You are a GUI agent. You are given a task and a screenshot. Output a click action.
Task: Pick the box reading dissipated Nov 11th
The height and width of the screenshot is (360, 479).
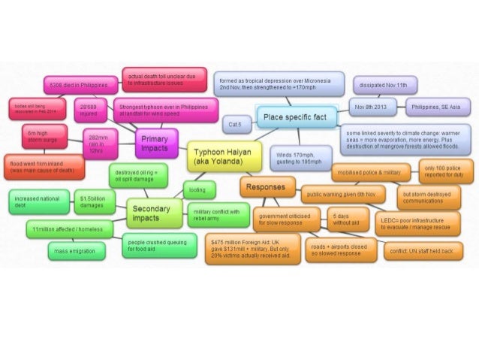pos(385,84)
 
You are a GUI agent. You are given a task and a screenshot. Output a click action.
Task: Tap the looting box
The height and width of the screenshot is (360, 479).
pos(198,189)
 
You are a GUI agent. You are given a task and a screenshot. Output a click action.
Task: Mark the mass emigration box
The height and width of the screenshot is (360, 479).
pos(79,251)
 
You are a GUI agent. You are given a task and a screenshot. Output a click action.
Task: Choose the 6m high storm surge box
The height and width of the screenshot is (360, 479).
pos(43,137)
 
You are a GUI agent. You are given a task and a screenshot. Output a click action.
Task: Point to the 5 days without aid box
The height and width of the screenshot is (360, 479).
pos(347,219)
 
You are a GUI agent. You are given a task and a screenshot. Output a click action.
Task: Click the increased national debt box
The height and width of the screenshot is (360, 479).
pos(38,201)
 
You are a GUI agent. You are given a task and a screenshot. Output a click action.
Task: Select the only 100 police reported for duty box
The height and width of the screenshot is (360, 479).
pos(445,171)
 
